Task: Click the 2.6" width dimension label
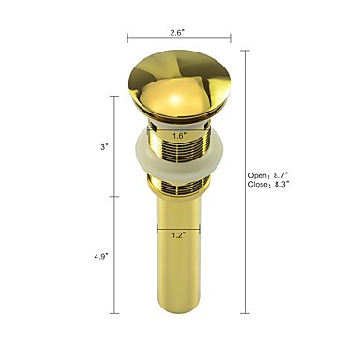pyautogui.click(x=178, y=33)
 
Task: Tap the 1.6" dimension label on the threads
pyautogui.click(x=179, y=136)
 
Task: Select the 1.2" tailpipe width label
pyautogui.click(x=179, y=235)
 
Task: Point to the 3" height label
pyautogui.click(x=104, y=147)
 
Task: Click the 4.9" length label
pyautogui.click(x=101, y=257)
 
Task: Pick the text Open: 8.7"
pyautogui.click(x=268, y=175)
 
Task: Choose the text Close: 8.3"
pyautogui.click(x=268, y=185)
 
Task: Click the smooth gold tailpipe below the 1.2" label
pyautogui.click(x=179, y=275)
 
